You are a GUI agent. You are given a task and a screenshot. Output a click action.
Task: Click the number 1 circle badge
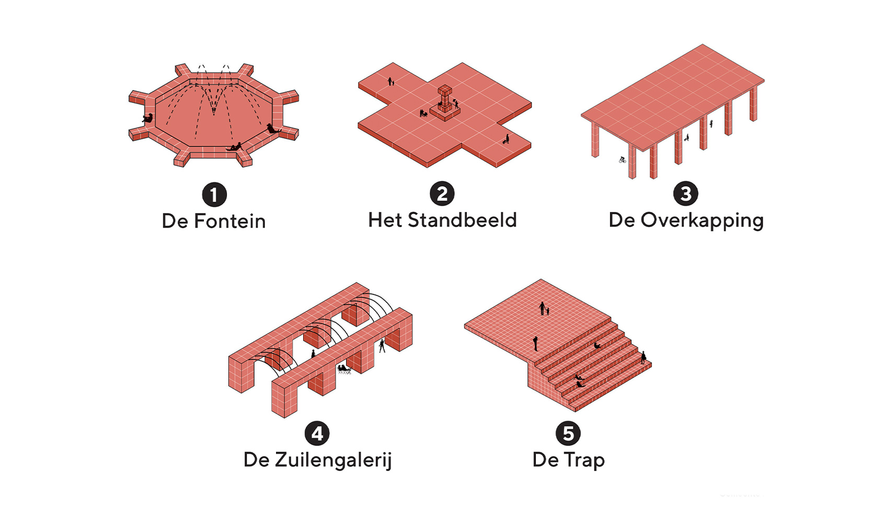pyautogui.click(x=214, y=195)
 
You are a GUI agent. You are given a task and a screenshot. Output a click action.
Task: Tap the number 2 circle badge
pyautogui.click(x=442, y=194)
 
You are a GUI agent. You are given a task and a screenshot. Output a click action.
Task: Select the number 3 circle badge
pyautogui.click(x=685, y=194)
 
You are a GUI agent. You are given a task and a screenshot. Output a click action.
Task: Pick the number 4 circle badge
pyautogui.click(x=317, y=434)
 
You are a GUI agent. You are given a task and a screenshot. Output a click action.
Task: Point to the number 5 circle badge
pyautogui.click(x=568, y=434)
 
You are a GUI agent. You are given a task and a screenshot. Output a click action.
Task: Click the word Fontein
pyautogui.click(x=230, y=221)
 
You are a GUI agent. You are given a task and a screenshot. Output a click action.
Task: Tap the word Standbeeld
pyautogui.click(x=462, y=220)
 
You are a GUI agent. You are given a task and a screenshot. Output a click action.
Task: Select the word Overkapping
pyautogui.click(x=702, y=221)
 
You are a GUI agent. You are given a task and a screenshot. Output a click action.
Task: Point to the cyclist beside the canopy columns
pyautogui.click(x=622, y=160)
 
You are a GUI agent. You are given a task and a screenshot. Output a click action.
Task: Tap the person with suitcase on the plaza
pyautogui.click(x=506, y=139)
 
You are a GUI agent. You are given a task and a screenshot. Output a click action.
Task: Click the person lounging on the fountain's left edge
pyautogui.click(x=148, y=119)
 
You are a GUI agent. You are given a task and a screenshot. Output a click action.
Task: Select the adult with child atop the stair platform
pyautogui.click(x=543, y=309)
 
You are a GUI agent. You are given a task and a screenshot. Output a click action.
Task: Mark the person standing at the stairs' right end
pyautogui.click(x=643, y=357)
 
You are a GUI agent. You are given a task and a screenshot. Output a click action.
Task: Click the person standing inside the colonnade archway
pyautogui.click(x=382, y=345)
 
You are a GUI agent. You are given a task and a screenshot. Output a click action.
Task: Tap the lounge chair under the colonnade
pyautogui.click(x=343, y=369)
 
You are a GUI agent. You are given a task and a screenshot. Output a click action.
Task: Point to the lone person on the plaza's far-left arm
pyautogui.click(x=390, y=81)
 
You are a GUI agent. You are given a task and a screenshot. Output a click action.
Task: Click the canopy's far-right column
pyautogui.click(x=753, y=104)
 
